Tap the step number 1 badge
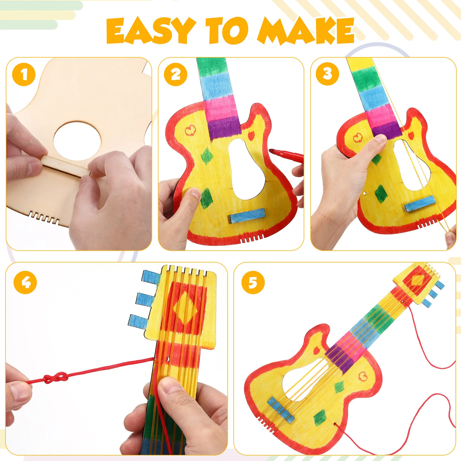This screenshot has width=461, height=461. click(24, 74)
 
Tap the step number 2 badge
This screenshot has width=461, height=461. click(175, 74)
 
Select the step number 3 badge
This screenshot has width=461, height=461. click(327, 74)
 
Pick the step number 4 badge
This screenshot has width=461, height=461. click(25, 282)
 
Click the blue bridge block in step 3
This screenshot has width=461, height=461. click(420, 203)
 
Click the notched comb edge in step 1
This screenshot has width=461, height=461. click(45, 217)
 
